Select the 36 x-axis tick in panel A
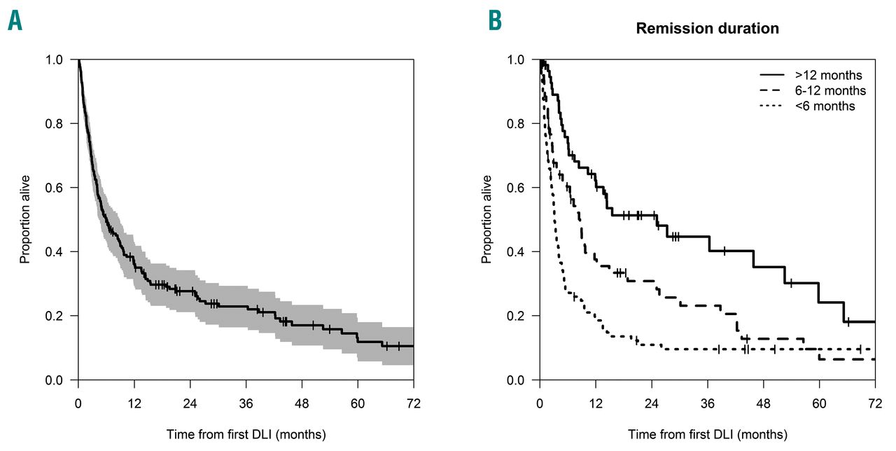tap(246, 405)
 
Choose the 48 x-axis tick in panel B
tap(763, 405)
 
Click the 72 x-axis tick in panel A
tap(413, 405)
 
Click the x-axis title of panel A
tap(246, 434)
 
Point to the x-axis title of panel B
tap(707, 434)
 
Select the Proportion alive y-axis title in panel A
tap(25, 220)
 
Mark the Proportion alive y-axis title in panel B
tap(487, 220)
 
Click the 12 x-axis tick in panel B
tap(595, 405)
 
